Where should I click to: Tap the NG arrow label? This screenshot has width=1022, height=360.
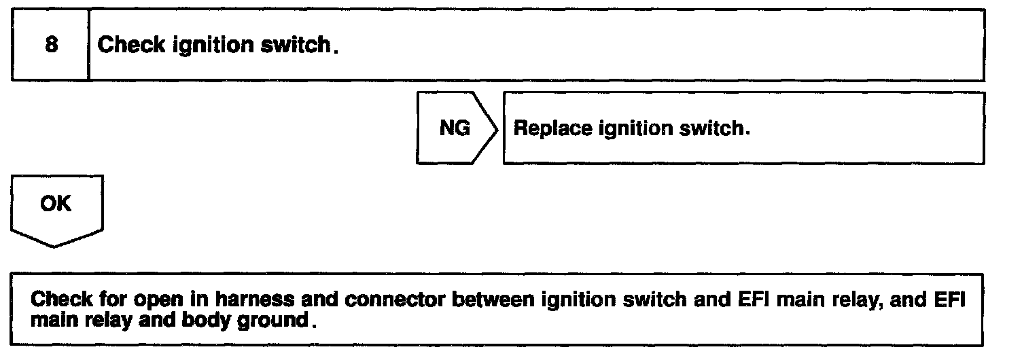click(455, 128)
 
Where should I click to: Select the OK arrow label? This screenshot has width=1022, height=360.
click(56, 204)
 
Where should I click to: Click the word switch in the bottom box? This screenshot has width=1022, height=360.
click(627, 299)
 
